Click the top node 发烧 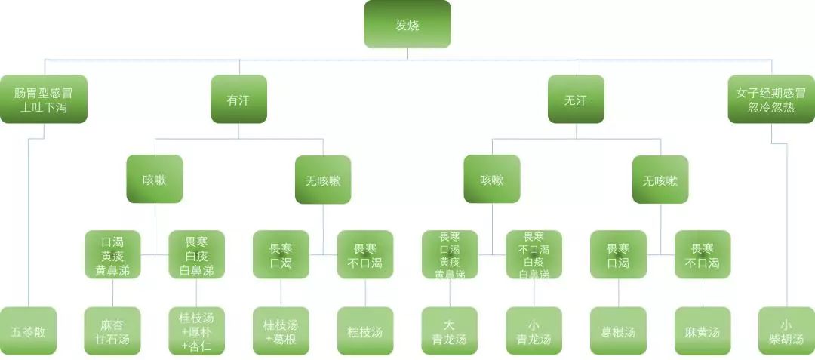click(x=407, y=24)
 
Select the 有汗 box click(x=238, y=99)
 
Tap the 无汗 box click(x=576, y=99)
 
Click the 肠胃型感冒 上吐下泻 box click(x=43, y=99)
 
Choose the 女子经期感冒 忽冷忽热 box click(x=771, y=99)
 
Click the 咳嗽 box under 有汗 click(x=155, y=180)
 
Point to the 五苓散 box click(x=28, y=331)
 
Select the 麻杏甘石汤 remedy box click(x=112, y=331)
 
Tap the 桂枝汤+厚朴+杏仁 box click(x=196, y=331)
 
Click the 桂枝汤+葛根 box click(x=281, y=331)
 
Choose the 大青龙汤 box click(x=450, y=331)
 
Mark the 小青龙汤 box click(x=534, y=331)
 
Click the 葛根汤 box click(x=618, y=331)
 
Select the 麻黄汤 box click(x=703, y=331)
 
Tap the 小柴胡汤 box click(x=786, y=331)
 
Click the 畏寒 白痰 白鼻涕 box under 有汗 click(x=196, y=255)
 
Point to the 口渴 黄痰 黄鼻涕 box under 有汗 click(x=112, y=255)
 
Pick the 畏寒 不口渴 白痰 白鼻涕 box click(x=534, y=255)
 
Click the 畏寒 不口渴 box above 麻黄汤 click(x=703, y=255)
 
